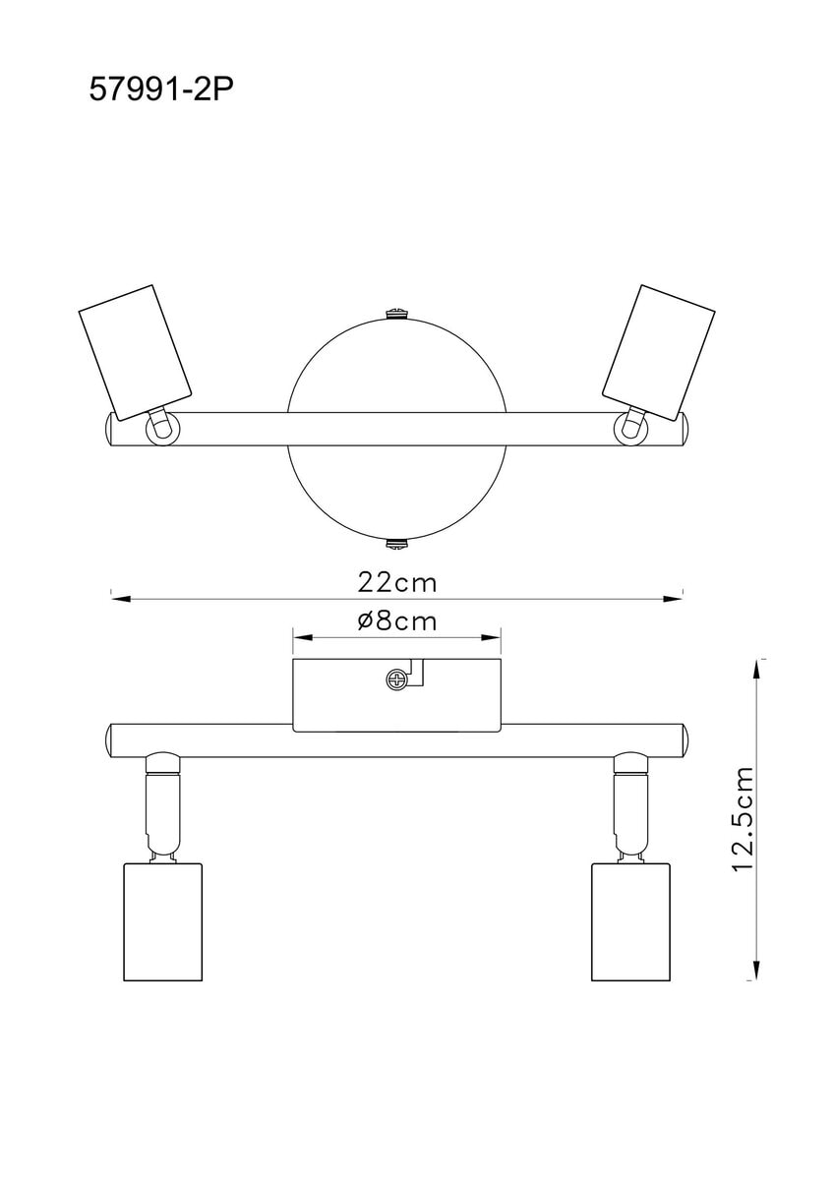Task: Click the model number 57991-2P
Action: click(160, 90)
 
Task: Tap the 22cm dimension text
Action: click(397, 583)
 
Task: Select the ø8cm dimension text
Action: click(396, 621)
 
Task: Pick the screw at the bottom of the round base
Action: click(396, 544)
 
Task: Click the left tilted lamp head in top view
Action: click(135, 352)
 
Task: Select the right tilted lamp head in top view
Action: click(659, 352)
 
